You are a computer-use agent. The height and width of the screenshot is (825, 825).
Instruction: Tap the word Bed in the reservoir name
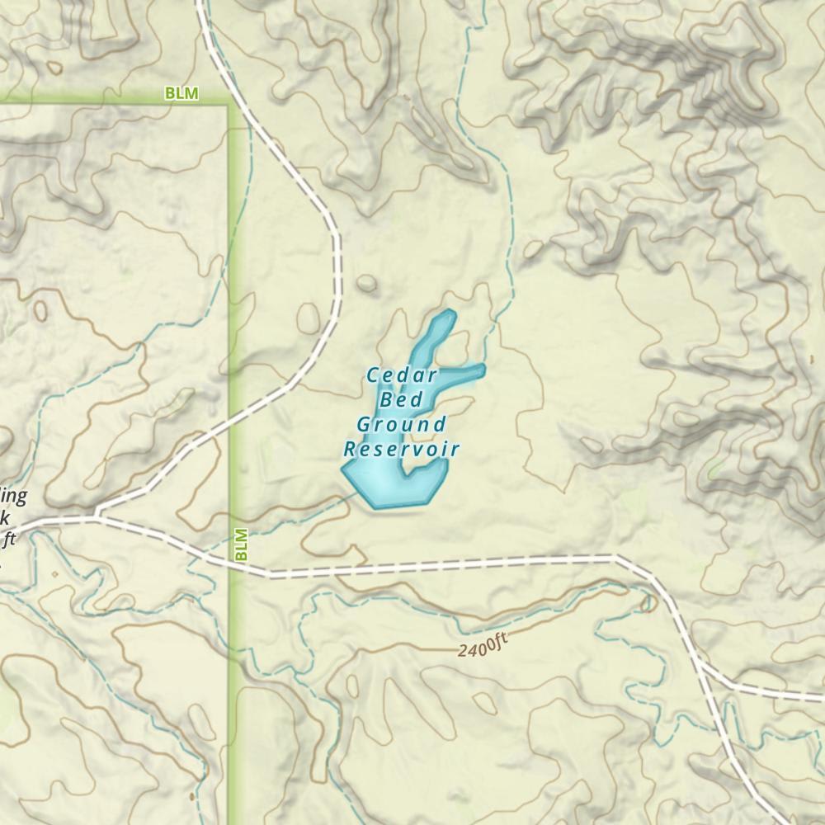400,400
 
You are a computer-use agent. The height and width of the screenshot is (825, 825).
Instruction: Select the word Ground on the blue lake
401,425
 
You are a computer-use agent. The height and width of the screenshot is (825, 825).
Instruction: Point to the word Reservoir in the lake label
401,450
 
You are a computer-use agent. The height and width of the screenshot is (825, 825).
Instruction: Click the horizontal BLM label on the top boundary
181,94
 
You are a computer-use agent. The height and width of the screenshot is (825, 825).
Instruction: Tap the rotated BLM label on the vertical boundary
241,544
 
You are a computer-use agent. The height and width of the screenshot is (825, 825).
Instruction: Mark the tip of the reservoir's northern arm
450,313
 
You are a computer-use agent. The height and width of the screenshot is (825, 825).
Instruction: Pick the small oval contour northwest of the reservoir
365,285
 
